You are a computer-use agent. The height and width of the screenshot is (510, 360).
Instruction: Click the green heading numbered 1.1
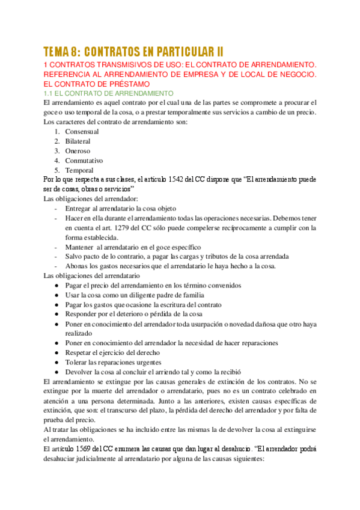click(109, 94)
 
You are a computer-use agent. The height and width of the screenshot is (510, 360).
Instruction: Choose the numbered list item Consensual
click(82, 132)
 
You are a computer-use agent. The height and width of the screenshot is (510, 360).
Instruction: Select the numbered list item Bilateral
click(78, 141)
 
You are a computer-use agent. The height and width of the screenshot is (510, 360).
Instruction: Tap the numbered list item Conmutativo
click(84, 161)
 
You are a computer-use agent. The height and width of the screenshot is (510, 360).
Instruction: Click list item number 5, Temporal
click(79, 170)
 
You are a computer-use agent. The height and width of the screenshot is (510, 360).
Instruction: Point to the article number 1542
click(179, 179)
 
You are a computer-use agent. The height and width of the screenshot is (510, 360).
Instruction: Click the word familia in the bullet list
click(183, 295)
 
